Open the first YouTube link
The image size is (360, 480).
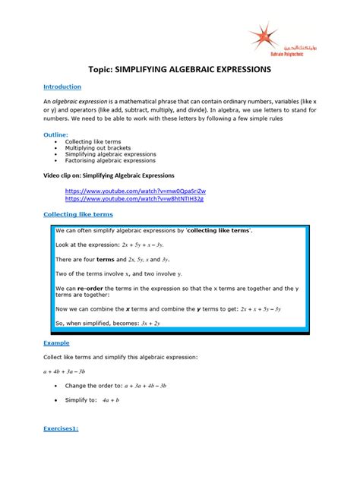point(134,191)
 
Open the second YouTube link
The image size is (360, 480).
point(134,198)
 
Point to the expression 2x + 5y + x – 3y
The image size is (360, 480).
point(153,246)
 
